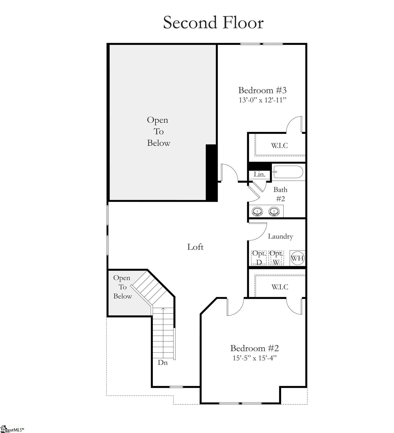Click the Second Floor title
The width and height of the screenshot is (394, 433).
tap(213, 23)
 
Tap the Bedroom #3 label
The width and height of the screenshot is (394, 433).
tap(262, 90)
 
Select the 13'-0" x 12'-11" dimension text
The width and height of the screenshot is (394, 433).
tap(262, 100)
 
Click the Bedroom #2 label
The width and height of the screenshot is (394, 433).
tap(254, 348)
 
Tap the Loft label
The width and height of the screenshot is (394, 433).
tap(195, 247)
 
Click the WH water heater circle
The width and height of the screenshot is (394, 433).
tap(297, 258)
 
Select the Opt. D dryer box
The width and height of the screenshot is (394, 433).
tap(259, 258)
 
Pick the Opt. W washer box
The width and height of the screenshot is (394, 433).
tap(276, 258)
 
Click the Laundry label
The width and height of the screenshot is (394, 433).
tap(280, 236)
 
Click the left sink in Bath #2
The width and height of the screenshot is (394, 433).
tap(257, 211)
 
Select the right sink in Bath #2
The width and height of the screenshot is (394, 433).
tap(274, 211)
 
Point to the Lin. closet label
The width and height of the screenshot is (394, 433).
tap(259, 174)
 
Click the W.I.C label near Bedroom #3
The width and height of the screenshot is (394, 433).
tap(279, 146)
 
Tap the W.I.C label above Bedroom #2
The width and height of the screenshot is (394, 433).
tap(279, 287)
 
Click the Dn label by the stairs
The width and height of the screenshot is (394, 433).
tap(163, 363)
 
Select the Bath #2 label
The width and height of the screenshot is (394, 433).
tap(280, 194)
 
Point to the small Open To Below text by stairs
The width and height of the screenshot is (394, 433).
tap(122, 287)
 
